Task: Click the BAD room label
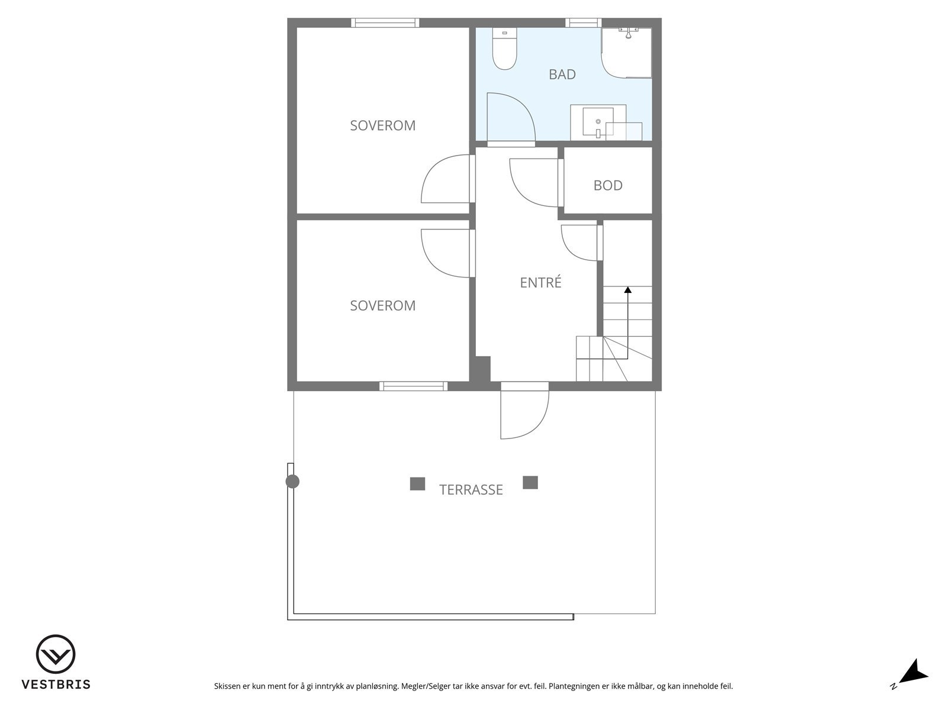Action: (562, 75)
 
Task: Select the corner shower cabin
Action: (626, 53)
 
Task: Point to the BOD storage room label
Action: (608, 186)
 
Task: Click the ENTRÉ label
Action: (540, 283)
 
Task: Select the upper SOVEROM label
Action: (382, 126)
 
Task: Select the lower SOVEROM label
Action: (382, 306)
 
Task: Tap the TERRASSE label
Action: (471, 490)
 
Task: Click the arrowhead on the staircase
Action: (627, 290)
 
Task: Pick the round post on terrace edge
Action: (292, 482)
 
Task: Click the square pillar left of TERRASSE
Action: (417, 484)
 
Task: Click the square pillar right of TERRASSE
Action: (530, 483)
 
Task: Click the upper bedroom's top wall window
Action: (385, 23)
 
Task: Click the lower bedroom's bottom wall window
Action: (413, 386)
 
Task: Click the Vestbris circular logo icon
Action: (56, 654)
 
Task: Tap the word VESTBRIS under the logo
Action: (56, 685)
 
